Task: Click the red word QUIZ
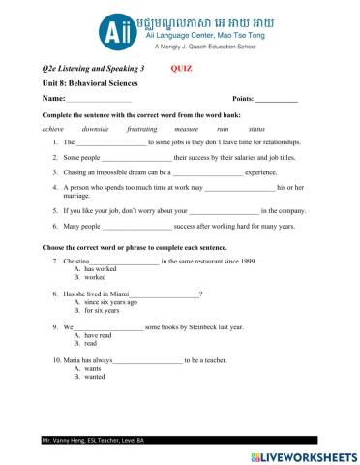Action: (181, 70)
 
